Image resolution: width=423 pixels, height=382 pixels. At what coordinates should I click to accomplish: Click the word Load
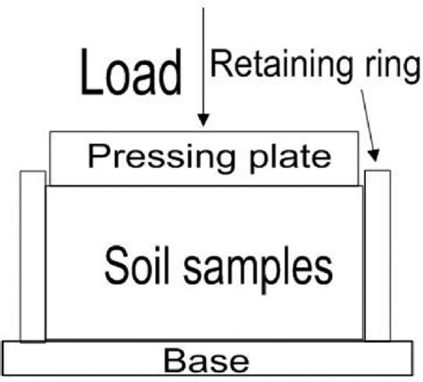click(x=131, y=72)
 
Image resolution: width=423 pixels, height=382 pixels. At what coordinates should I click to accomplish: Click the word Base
click(x=206, y=361)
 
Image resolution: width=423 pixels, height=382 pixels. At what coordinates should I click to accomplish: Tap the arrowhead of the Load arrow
click(x=205, y=119)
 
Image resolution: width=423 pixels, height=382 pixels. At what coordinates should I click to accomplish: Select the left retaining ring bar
click(x=32, y=256)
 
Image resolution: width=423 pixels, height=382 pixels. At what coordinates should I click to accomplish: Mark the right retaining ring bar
click(x=377, y=256)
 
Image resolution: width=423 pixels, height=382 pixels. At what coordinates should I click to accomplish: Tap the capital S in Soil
click(x=115, y=264)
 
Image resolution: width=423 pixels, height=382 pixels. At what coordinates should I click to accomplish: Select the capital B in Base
click(x=173, y=361)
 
